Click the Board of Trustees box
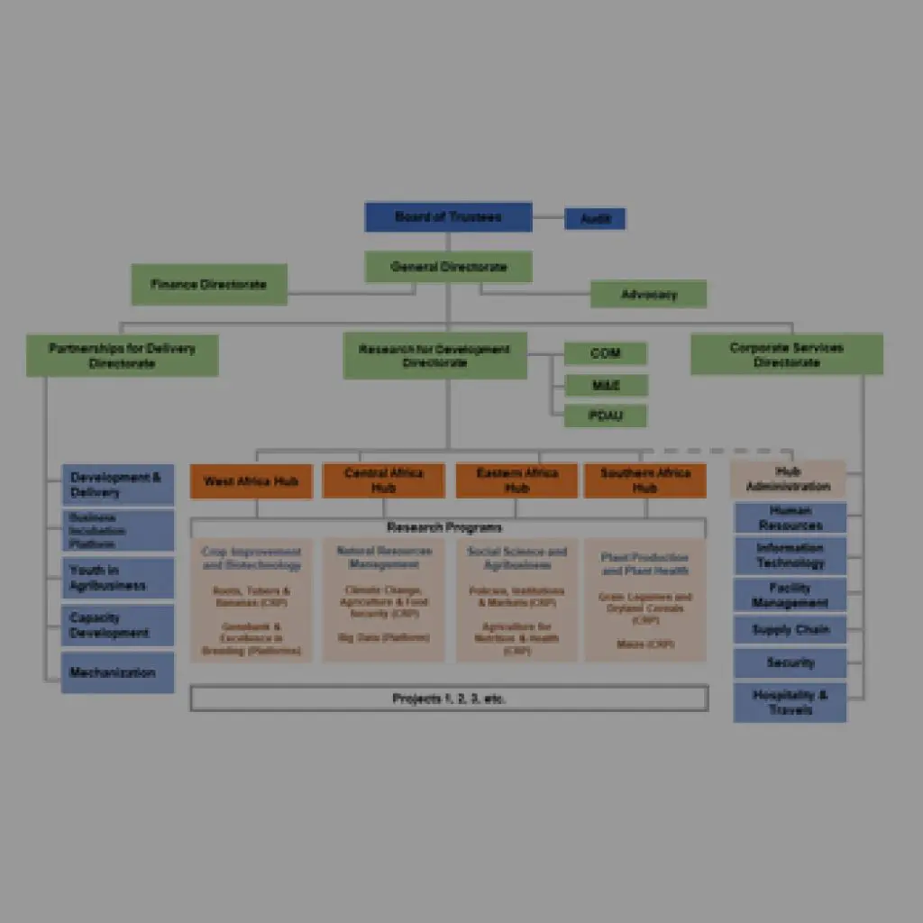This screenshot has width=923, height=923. coord(448,217)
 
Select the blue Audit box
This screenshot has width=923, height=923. coord(595,219)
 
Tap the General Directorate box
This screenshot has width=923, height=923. coord(448,267)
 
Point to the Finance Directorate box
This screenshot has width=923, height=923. coord(209,284)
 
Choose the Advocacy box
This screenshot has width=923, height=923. coord(648,294)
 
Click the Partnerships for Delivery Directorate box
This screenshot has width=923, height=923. coord(122,355)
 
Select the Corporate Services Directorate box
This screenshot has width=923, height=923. coord(787,354)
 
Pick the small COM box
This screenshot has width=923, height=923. coord(605,353)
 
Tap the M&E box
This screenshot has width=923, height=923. coord(605,385)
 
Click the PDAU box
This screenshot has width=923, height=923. coord(605,416)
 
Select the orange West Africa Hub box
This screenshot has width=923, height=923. coord(251,481)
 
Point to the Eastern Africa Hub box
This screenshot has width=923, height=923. coord(516,480)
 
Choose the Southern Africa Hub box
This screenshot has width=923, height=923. coord(644,480)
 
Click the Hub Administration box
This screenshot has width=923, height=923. coord(788,479)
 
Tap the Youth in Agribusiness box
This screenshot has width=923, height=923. coord(118,578)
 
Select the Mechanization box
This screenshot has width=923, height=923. coord(118,672)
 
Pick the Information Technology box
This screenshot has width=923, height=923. coord(790,555)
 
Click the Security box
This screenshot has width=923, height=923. coord(790,663)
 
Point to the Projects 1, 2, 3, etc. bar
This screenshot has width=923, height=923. coord(449,699)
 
